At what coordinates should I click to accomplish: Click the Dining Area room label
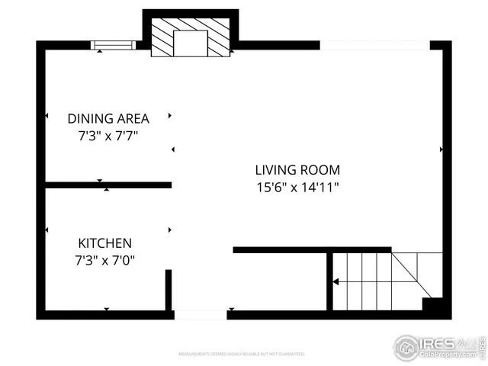[x=108, y=118]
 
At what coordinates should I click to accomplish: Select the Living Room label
[x=297, y=170]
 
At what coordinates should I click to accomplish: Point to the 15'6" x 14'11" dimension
[x=297, y=187]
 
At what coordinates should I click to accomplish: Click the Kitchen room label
[x=105, y=243]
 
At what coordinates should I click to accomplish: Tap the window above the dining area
[x=113, y=46]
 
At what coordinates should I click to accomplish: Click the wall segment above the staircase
[x=312, y=249]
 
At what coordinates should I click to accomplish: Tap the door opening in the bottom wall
[x=200, y=314]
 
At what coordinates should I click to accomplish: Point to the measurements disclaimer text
[x=242, y=354]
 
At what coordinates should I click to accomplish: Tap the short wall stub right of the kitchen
[x=169, y=290]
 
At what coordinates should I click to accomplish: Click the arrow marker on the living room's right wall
[x=441, y=149]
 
